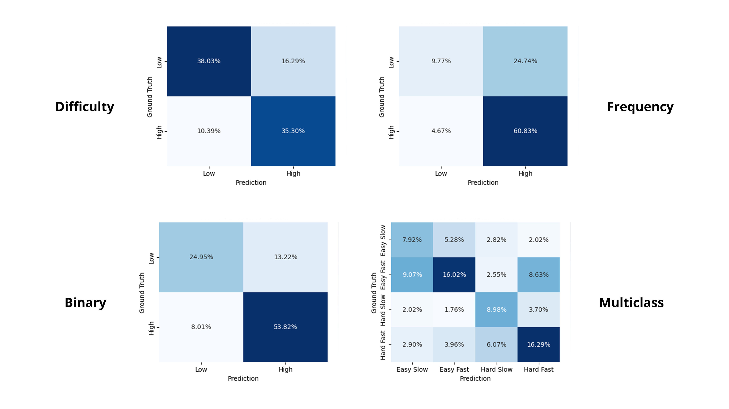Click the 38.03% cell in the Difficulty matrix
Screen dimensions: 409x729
[209, 61]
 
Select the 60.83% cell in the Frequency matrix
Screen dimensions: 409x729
[525, 131]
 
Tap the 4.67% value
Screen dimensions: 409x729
[441, 131]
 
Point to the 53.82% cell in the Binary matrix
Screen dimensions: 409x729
[285, 327]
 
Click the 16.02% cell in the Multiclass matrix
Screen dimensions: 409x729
[454, 275]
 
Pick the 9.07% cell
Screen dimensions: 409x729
[412, 275]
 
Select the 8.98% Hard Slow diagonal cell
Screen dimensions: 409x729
[496, 310]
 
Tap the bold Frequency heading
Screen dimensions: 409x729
[640, 107]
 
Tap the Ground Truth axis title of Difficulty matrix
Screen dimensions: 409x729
[150, 97]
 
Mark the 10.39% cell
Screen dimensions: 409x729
[209, 131]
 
